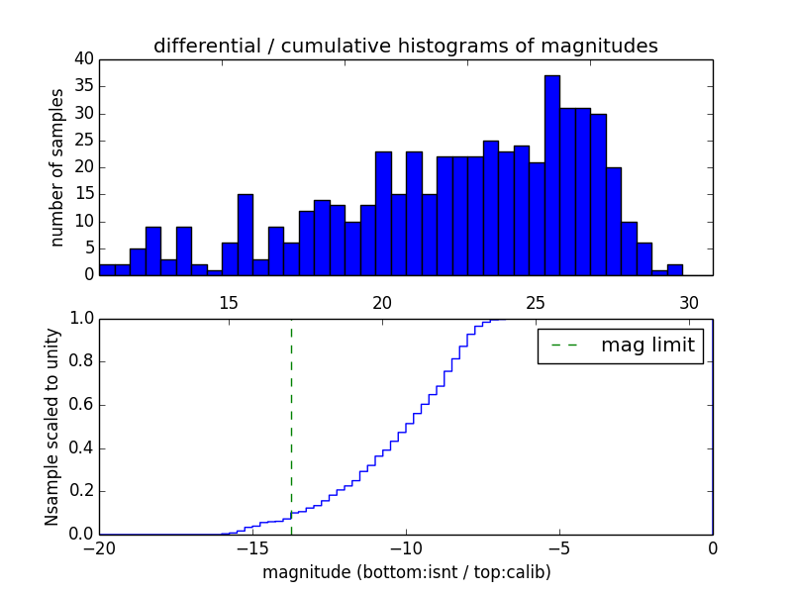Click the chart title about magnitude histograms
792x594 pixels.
[x=405, y=46]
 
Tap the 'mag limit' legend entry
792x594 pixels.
[x=621, y=346]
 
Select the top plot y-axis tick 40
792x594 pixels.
[x=83, y=59]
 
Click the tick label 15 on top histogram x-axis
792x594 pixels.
[x=229, y=303]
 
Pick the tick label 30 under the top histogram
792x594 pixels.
[x=689, y=303]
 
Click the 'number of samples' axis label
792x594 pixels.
[x=57, y=167]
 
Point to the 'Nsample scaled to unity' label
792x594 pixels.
[x=51, y=427]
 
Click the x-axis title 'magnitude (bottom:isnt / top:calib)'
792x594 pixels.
[x=406, y=572]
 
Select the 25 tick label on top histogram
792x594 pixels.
[x=536, y=303]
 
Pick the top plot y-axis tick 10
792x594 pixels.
[x=83, y=222]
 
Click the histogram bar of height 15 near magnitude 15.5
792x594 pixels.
[x=246, y=236]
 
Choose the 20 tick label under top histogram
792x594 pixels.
[x=382, y=303]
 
